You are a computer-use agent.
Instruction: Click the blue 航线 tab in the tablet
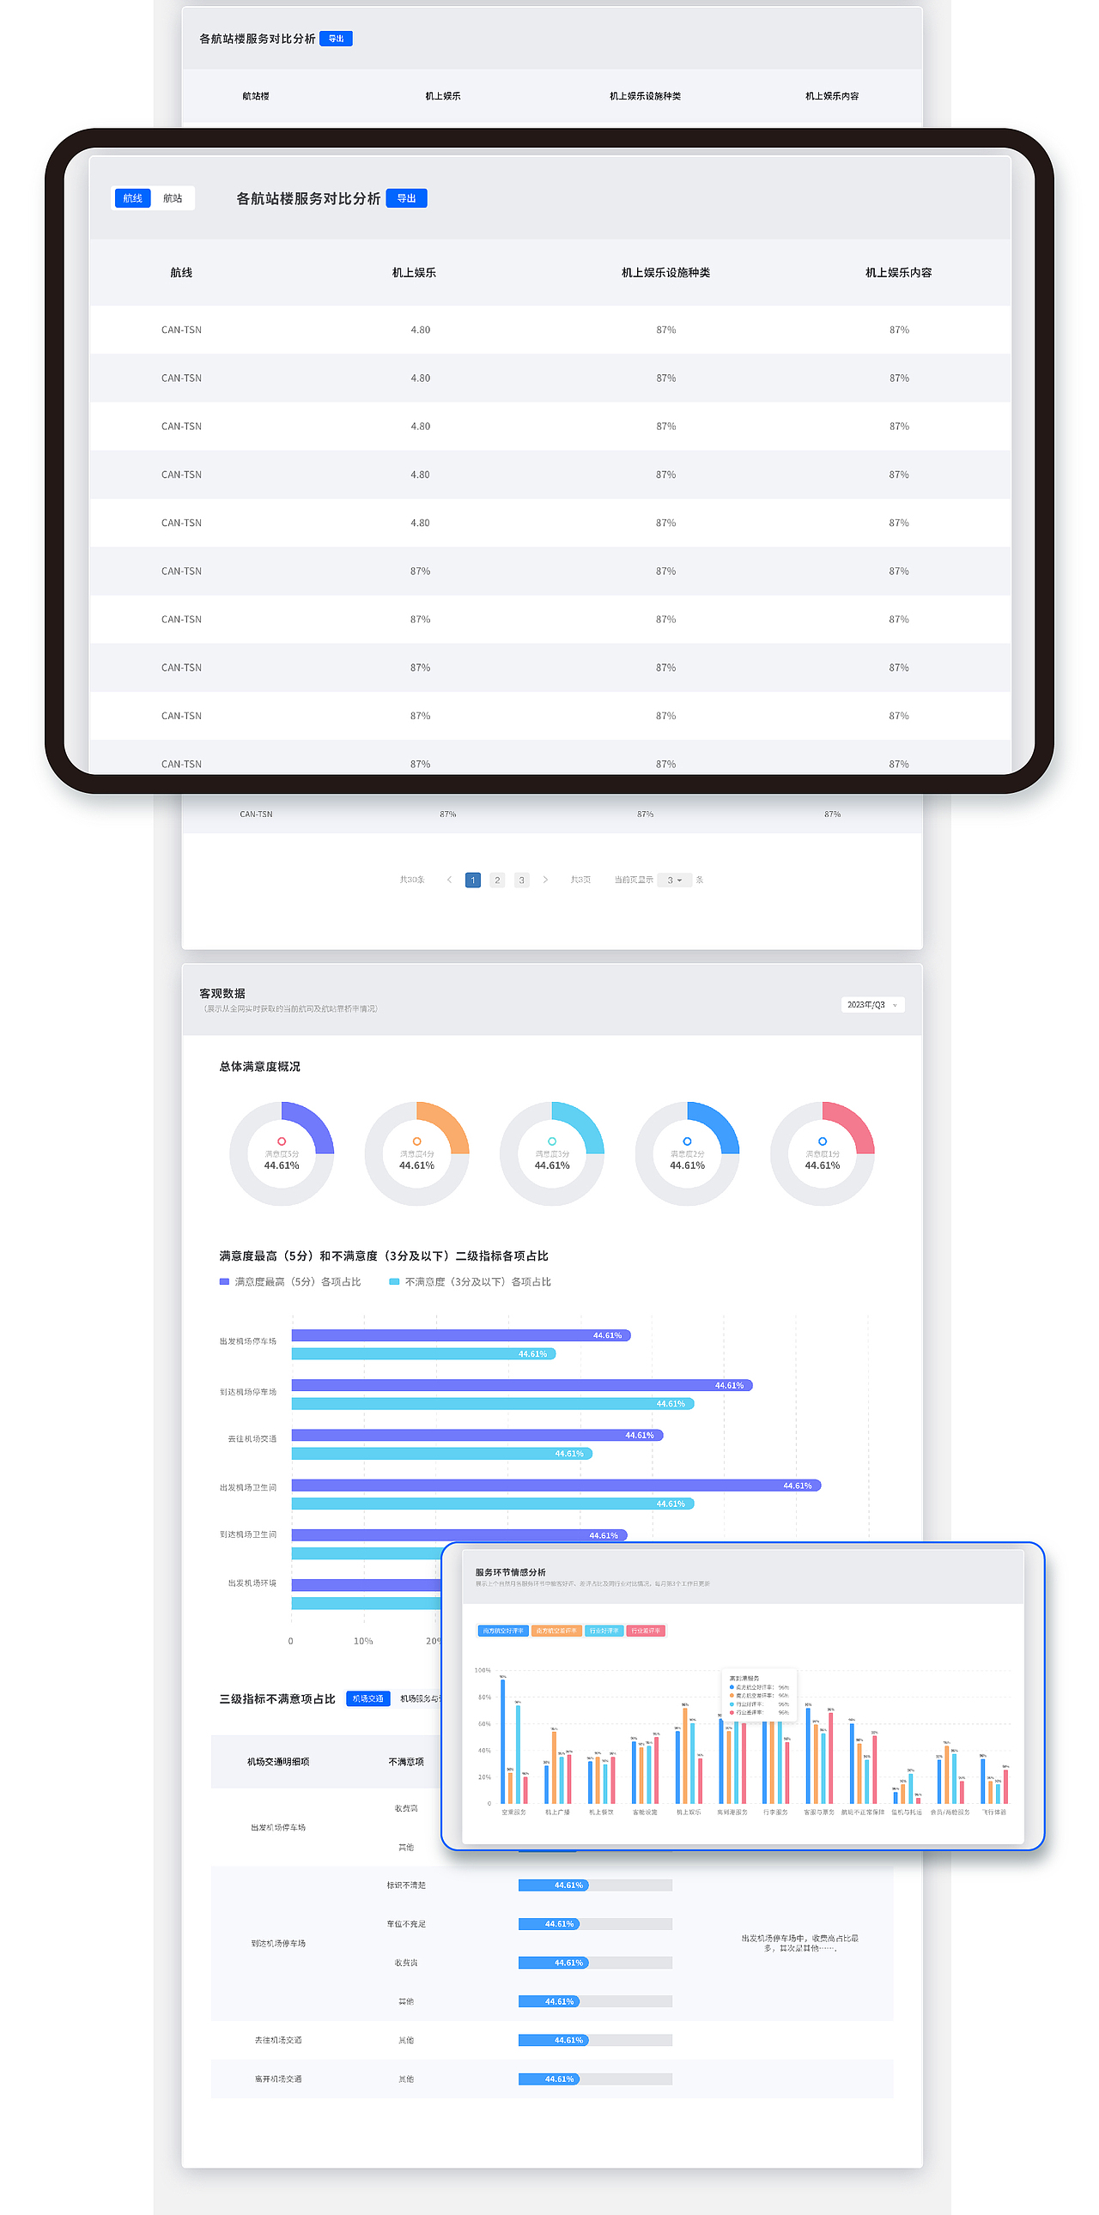tap(132, 198)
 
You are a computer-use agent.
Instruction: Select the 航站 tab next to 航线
tap(173, 198)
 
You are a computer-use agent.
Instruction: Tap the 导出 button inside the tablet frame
tap(406, 198)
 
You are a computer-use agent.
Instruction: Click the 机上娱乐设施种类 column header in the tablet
tap(665, 273)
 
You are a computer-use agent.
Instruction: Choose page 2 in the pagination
tap(497, 880)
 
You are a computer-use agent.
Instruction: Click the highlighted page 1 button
tap(473, 880)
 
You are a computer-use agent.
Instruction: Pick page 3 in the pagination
tap(521, 880)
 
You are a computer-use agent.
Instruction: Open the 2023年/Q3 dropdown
tap(872, 1004)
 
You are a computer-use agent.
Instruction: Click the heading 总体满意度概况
tap(259, 1066)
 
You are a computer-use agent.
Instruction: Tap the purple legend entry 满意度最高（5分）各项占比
tap(290, 1281)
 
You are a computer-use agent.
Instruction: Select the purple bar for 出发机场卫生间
tap(556, 1485)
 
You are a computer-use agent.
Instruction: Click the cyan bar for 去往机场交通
tap(441, 1453)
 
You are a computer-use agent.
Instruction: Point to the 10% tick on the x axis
tap(363, 1641)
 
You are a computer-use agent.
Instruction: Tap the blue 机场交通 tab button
tap(368, 1698)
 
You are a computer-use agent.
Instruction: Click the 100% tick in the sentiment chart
tap(483, 1670)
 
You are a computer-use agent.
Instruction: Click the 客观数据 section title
tap(222, 993)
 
